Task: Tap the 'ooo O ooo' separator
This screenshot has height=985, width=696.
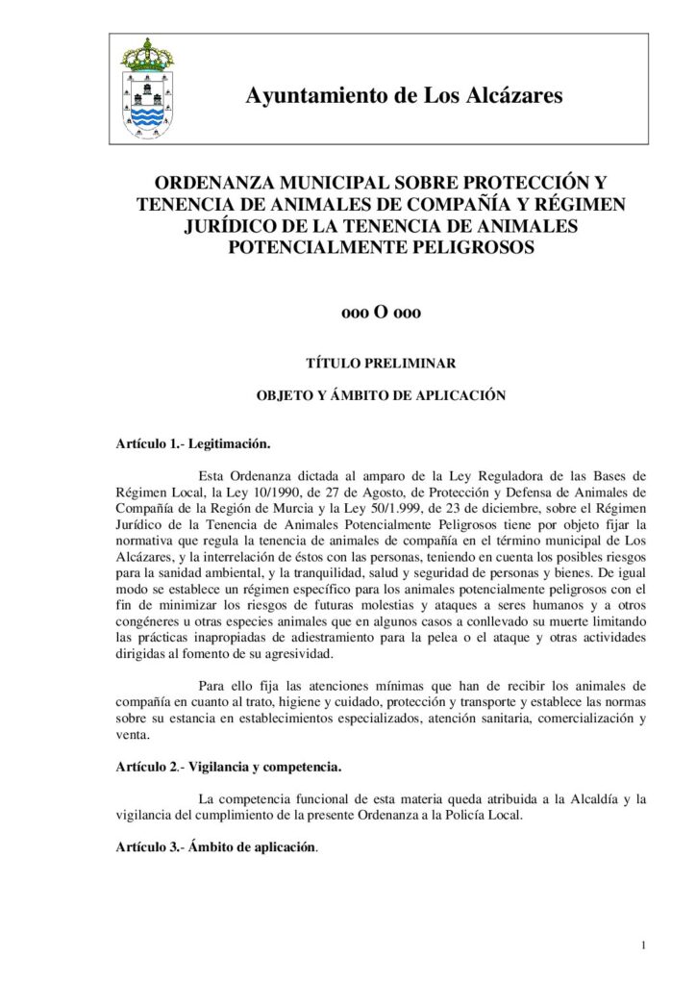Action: pos(382,313)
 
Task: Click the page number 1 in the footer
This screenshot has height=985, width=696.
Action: pos(642,947)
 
